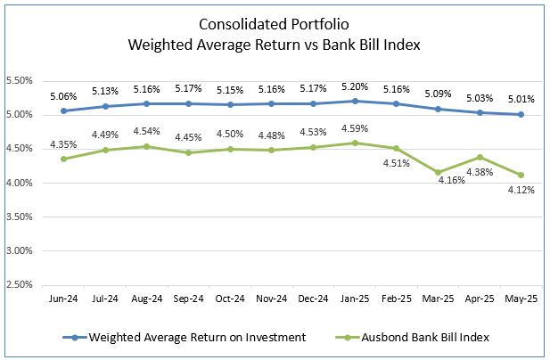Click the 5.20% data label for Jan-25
(x=356, y=87)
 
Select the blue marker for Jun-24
(x=62, y=110)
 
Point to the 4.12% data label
(x=521, y=190)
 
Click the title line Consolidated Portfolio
(x=275, y=25)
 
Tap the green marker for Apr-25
(x=481, y=157)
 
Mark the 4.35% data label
(x=62, y=145)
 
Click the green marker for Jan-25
(x=356, y=143)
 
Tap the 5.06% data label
(x=62, y=96)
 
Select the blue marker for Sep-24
(x=188, y=103)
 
